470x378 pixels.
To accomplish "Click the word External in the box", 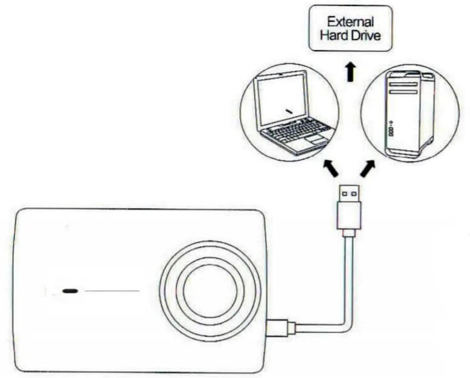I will coord(350,22).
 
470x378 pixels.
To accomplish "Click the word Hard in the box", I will coord(334,36).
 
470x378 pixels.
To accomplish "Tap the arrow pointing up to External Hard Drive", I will coord(350,72).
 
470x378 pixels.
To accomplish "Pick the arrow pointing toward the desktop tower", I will coord(367,168).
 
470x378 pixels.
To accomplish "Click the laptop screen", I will coord(281,100).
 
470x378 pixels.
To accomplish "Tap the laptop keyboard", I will coord(293,130).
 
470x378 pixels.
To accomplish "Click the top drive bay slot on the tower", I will coord(403,82).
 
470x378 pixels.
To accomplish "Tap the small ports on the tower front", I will coord(391,130).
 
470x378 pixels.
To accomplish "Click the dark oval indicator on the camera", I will coord(70,291).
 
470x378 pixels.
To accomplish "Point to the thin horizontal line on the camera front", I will coord(112,291).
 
